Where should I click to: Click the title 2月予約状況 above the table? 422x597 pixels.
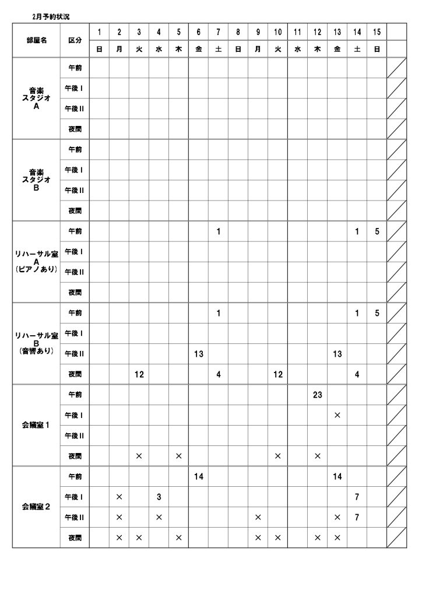coord(51,17)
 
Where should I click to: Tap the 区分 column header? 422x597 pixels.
coord(75,40)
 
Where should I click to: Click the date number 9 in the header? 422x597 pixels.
coord(258,31)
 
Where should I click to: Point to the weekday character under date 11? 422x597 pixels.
coord(297,50)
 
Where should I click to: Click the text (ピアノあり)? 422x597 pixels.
coord(36,269)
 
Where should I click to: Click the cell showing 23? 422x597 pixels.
coord(317,395)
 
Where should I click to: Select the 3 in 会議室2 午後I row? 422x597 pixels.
coord(159,497)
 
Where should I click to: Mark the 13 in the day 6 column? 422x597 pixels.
coord(198,354)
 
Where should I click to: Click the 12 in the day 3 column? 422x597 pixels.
coord(139,374)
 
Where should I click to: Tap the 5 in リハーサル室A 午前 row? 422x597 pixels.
coord(377,231)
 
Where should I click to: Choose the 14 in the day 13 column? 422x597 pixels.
coord(337,476)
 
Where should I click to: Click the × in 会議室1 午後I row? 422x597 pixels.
coord(337,415)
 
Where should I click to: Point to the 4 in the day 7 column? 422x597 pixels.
coord(218,374)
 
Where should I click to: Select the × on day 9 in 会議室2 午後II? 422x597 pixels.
coord(258,517)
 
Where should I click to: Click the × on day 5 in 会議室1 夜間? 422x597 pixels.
coord(178,456)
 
